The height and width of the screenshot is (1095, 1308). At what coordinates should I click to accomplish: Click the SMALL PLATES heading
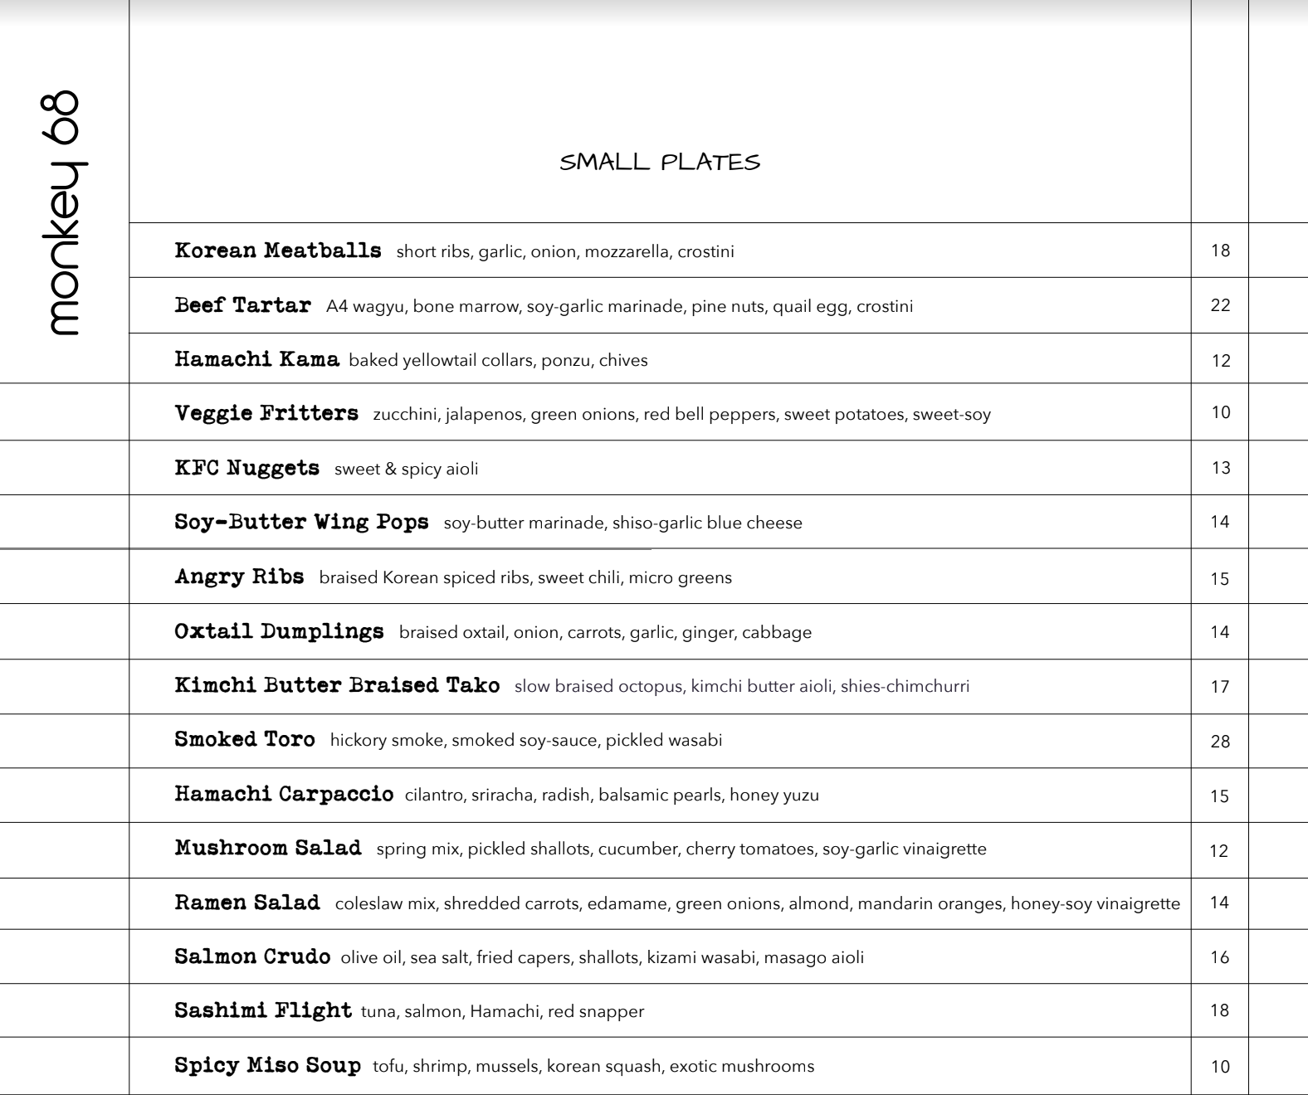660,163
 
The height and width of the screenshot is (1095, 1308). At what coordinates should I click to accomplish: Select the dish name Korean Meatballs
278,251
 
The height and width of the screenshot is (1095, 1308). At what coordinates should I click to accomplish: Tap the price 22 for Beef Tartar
1220,305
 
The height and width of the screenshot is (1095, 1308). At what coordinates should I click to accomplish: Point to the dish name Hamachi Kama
256,360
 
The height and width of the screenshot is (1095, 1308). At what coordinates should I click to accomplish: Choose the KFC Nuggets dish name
246,468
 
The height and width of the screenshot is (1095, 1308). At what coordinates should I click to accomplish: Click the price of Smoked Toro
1220,742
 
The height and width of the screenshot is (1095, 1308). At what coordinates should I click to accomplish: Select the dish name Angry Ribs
239,577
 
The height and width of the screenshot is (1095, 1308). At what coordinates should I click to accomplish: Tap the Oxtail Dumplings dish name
279,631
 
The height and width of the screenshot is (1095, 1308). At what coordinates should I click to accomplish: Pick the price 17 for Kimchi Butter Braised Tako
1220,687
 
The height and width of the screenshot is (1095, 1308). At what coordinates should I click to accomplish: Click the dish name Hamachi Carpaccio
284,795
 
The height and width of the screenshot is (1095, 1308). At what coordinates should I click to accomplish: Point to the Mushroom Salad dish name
268,849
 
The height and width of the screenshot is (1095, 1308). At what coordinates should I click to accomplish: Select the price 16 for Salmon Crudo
1219,957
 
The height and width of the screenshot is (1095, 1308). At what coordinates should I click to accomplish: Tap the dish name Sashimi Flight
263,1011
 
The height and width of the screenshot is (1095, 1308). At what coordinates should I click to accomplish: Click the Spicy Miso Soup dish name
267,1066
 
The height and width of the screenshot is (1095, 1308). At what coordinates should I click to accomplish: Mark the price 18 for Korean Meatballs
1220,251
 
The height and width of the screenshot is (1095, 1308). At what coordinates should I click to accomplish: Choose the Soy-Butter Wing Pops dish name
301,523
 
